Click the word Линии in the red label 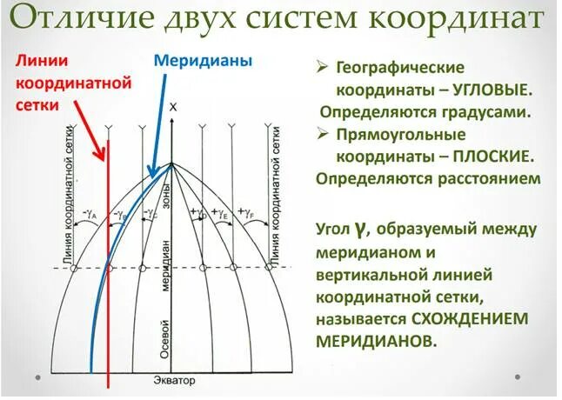coord(38,62)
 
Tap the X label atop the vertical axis coord(172,106)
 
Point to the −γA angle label coord(90,212)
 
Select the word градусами coord(489,112)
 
